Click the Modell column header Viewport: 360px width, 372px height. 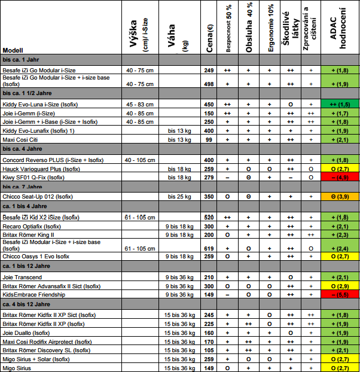click(x=13, y=51)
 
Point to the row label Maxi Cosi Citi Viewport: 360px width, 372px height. click(x=23, y=139)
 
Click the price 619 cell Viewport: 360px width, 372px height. click(x=209, y=248)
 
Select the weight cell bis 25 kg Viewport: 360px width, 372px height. click(x=179, y=196)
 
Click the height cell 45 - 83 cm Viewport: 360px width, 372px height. click(x=141, y=104)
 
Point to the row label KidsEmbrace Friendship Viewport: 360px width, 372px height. click(x=34, y=295)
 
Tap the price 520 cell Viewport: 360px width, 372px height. click(x=209, y=218)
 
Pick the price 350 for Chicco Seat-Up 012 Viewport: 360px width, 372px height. click(x=209, y=196)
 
